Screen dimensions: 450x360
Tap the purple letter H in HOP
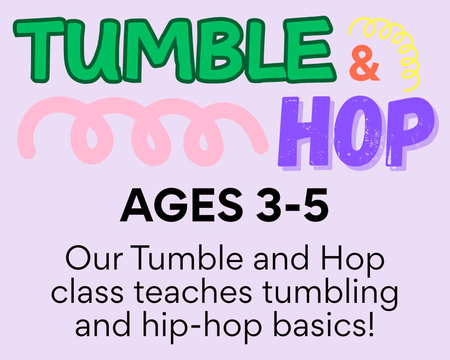click(x=305, y=132)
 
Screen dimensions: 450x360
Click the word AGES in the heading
click(x=181, y=205)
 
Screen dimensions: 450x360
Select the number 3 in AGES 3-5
click(x=270, y=205)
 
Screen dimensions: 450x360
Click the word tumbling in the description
click(x=330, y=294)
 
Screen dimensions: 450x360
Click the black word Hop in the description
click(x=353, y=262)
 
